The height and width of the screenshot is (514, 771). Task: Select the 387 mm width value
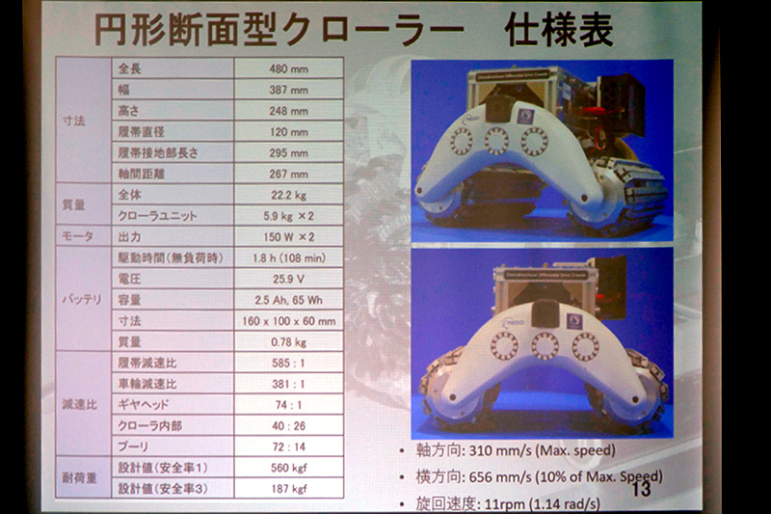(288, 90)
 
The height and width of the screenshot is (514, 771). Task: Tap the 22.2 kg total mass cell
(288, 196)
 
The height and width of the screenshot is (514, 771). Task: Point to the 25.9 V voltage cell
(288, 279)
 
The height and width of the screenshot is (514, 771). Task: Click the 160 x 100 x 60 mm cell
(288, 320)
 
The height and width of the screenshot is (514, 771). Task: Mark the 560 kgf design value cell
(288, 468)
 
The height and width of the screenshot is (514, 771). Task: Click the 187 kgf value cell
(288, 488)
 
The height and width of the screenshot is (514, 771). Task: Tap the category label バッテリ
(84, 300)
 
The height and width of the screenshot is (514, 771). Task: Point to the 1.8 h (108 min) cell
(288, 258)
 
